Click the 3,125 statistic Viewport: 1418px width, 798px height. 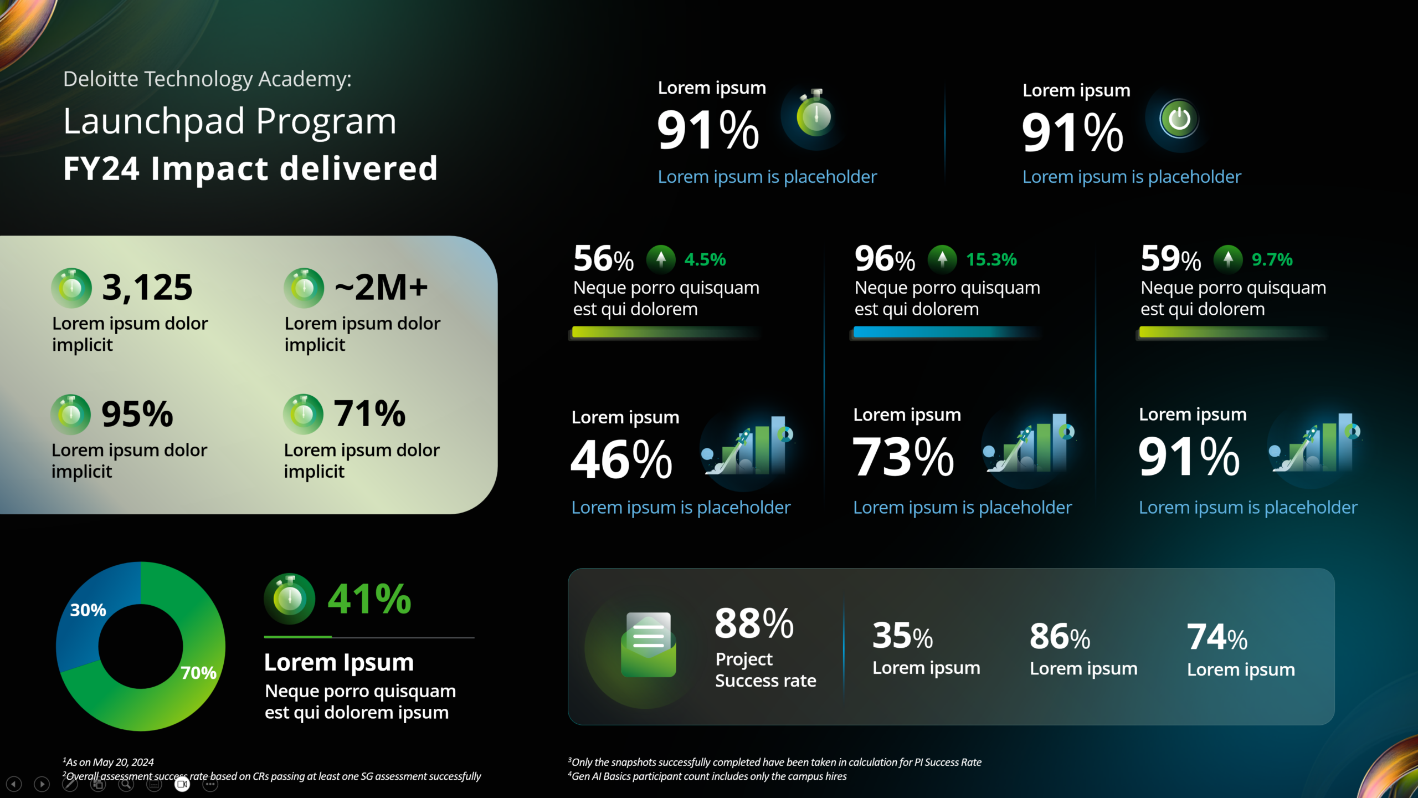(147, 288)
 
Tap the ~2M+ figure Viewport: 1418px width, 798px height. (381, 288)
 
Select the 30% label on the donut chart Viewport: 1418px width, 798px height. (88, 610)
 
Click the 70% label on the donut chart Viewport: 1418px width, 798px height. (198, 673)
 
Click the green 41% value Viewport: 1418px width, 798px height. (369, 599)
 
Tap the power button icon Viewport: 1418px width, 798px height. (1179, 119)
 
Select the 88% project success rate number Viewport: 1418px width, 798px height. (754, 623)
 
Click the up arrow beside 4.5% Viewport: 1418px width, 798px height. (661, 259)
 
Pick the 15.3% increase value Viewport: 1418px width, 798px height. (991, 259)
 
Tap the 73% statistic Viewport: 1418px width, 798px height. (903, 457)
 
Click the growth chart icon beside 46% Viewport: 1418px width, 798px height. (748, 446)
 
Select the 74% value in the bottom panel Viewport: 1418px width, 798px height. (1217, 637)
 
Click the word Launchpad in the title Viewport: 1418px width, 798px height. (154, 121)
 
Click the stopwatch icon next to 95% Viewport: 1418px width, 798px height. (71, 414)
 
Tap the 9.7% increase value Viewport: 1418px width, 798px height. (1272, 259)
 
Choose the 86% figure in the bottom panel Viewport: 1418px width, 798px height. (1060, 637)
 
